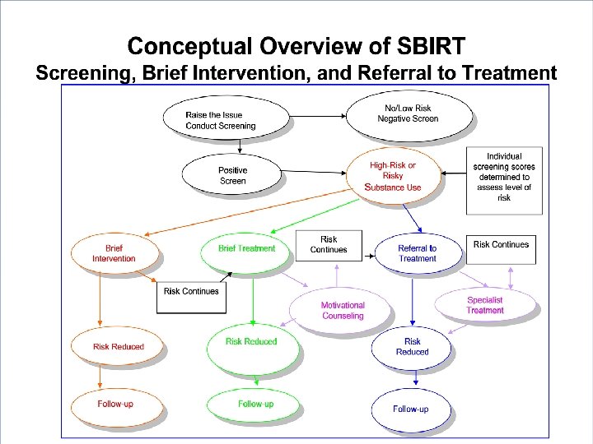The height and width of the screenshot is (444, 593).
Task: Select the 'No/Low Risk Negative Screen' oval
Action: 409,113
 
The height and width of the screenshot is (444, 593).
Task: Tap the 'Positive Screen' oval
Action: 232,175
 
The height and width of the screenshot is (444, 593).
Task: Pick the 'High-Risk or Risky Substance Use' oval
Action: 395,176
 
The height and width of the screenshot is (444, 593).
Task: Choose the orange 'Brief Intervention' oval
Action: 114,252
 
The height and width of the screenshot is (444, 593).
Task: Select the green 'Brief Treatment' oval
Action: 246,248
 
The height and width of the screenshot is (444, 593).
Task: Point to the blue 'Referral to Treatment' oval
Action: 417,252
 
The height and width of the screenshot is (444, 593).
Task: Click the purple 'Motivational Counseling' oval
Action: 342,310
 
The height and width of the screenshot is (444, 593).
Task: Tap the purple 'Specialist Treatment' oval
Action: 485,305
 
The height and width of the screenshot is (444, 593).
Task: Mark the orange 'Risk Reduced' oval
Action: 118,346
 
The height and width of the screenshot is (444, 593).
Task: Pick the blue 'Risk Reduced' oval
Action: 412,346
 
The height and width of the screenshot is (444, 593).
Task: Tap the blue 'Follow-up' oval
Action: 410,409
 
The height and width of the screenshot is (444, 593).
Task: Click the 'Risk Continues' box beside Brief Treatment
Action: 329,245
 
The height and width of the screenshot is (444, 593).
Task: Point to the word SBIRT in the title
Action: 423,46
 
